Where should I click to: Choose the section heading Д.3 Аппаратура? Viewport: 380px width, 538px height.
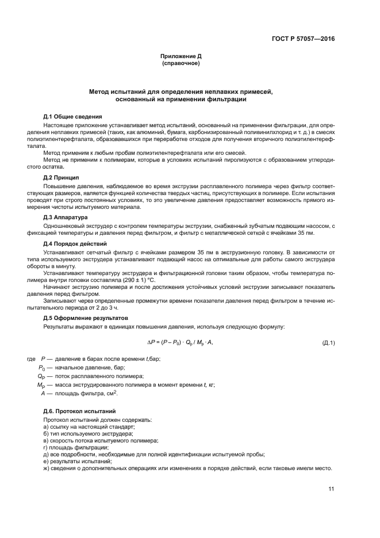point(66,218)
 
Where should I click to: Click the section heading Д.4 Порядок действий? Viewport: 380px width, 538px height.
point(75,243)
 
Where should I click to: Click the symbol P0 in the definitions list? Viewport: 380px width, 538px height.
point(41,368)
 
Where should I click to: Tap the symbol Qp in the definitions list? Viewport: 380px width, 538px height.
point(41,376)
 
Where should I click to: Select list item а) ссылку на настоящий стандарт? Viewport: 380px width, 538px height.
point(89,426)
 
